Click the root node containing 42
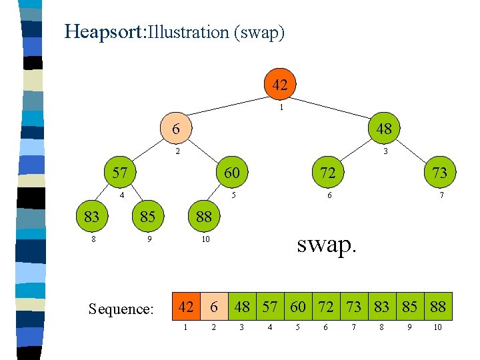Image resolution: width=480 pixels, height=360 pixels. (x=280, y=85)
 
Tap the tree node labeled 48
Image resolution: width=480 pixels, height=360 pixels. (x=384, y=129)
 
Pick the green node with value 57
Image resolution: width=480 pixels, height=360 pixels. (x=120, y=173)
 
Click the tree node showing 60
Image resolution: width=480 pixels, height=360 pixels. (x=231, y=173)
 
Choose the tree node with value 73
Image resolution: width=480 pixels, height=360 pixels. (x=439, y=173)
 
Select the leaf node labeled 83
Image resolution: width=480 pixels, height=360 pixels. (x=92, y=216)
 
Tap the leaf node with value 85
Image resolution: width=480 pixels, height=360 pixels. (x=147, y=216)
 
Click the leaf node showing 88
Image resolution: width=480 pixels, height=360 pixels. (x=203, y=216)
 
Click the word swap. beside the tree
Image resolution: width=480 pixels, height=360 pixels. (x=327, y=244)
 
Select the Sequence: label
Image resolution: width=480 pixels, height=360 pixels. (x=121, y=309)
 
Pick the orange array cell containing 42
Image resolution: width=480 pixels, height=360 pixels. (x=187, y=307)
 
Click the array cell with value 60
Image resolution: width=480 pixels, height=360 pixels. (x=298, y=307)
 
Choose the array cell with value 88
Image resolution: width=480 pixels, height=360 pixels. (x=438, y=307)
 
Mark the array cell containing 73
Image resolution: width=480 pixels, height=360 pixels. (x=354, y=307)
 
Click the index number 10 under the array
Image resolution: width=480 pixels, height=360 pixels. (x=437, y=328)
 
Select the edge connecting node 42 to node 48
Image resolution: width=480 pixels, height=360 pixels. (x=333, y=107)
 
